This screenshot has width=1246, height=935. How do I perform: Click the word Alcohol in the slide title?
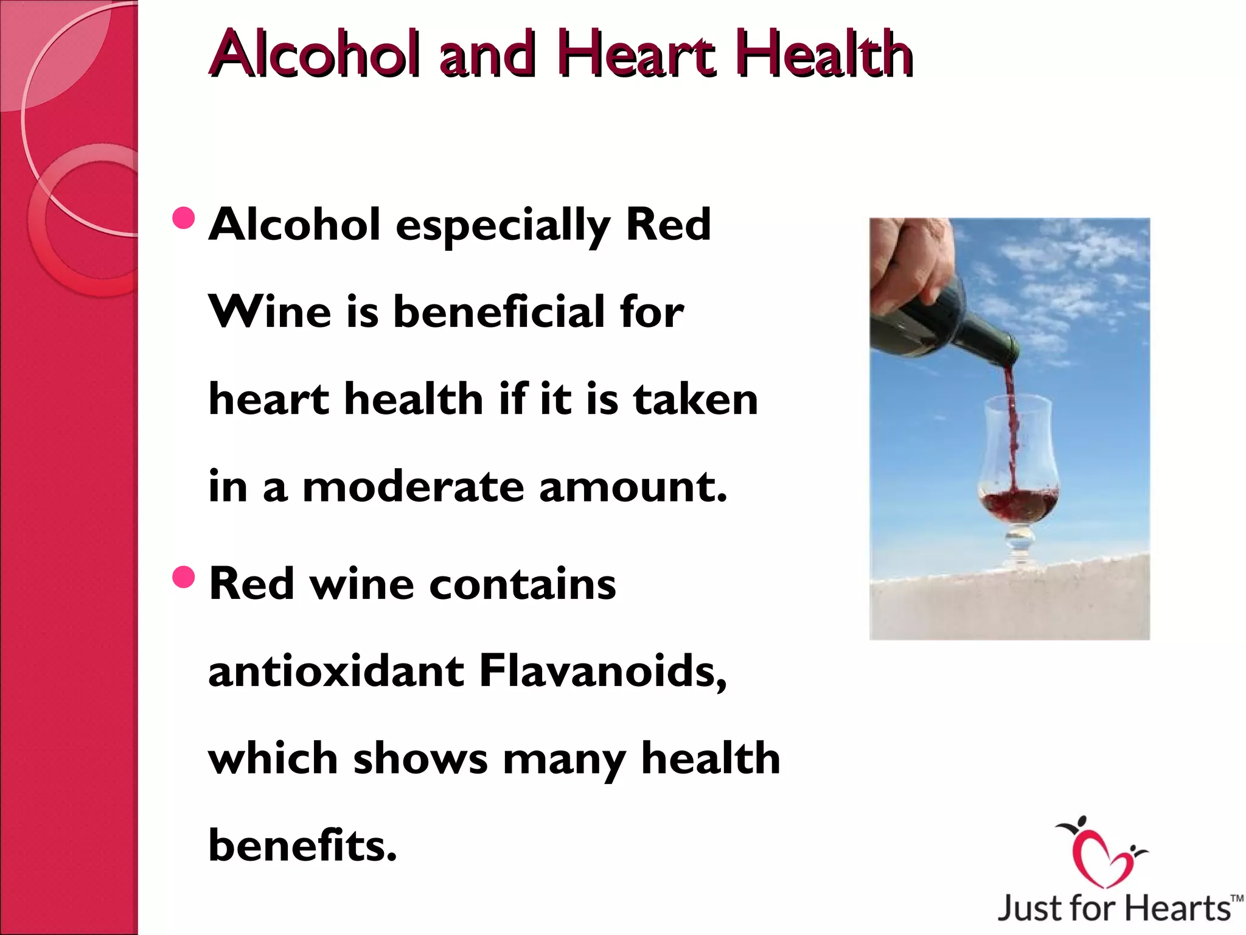tap(313, 55)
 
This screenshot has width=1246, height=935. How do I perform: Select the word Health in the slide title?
tap(827, 55)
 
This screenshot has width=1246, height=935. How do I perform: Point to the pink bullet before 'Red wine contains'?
tap(184, 578)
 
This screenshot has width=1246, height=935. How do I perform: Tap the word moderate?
tap(413, 487)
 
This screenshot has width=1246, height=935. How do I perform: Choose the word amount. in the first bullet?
tap(633, 487)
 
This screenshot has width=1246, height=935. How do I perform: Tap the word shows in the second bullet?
tap(420, 759)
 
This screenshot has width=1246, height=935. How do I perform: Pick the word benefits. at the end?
tap(302, 846)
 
